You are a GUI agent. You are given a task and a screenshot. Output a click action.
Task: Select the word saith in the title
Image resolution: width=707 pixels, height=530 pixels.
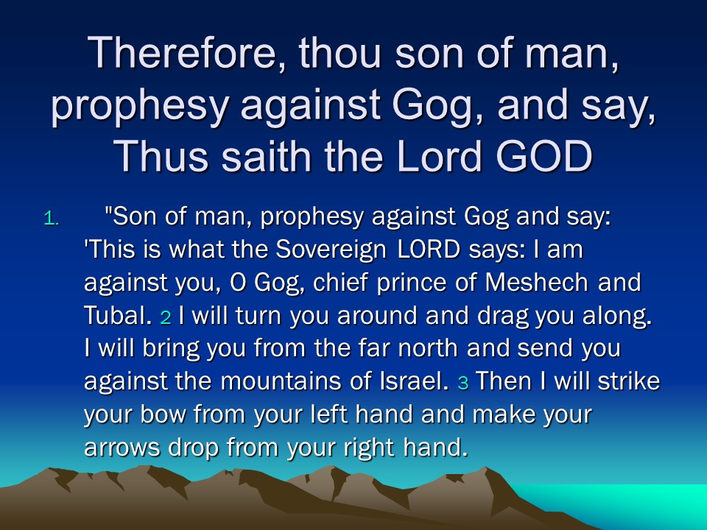pos(266,155)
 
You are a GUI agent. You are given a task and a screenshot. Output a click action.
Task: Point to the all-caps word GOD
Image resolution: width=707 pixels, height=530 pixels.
pos(544,156)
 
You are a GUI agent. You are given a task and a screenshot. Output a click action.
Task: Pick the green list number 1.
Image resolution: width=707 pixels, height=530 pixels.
pos(52,219)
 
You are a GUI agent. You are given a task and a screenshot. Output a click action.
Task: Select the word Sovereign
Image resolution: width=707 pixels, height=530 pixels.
pos(331,250)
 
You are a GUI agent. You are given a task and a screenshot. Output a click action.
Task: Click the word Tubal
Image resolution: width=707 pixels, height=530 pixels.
pos(118,316)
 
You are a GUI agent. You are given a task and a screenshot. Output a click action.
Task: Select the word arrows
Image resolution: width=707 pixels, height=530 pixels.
pos(122,448)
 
